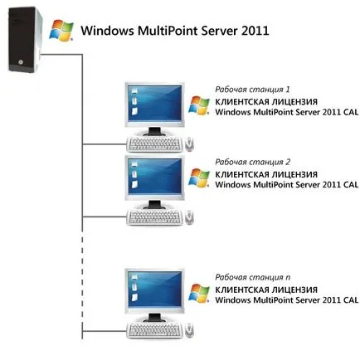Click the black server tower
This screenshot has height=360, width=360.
[x=25, y=40]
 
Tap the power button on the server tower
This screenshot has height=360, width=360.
[x=20, y=62]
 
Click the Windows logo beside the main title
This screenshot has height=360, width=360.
[x=61, y=31]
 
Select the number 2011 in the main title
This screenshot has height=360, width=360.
[x=255, y=31]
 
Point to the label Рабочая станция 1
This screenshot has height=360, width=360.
[x=252, y=90]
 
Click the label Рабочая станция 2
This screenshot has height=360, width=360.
[x=252, y=162]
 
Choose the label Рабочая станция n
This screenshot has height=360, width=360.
[x=252, y=277]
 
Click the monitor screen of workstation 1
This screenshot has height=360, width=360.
[x=154, y=103]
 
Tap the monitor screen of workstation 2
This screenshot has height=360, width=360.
[x=154, y=176]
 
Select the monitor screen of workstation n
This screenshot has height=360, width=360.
[x=154, y=289]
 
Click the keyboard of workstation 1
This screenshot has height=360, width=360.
[x=155, y=144]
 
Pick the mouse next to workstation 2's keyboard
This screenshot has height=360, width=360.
[x=189, y=217]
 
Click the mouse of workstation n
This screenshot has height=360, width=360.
[x=189, y=330]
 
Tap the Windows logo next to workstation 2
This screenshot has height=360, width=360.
[x=199, y=178]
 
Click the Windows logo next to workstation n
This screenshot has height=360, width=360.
[x=199, y=294]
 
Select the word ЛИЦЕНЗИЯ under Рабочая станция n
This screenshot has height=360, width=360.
[x=294, y=289]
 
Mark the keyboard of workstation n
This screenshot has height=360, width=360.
[x=155, y=330]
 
